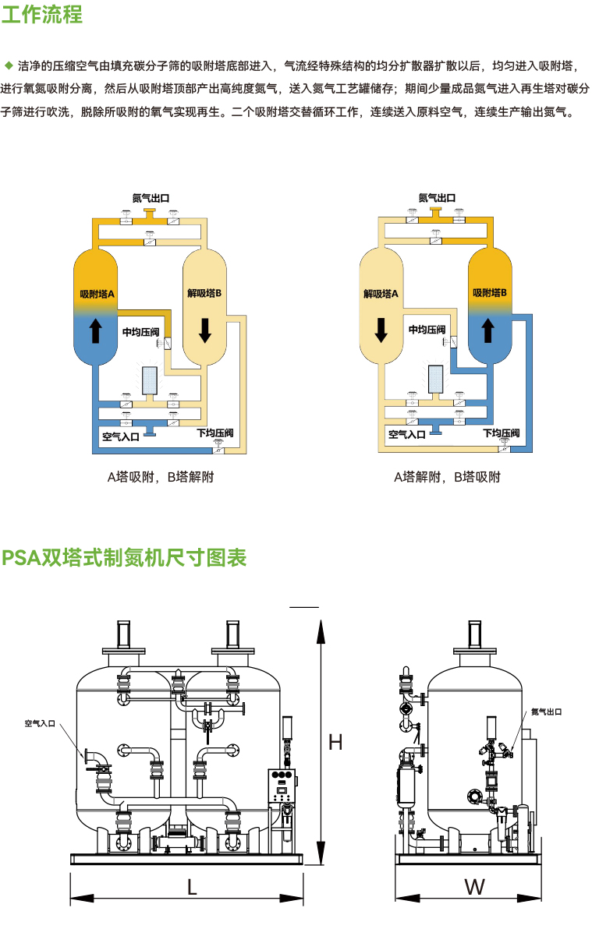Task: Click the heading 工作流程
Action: tap(42, 15)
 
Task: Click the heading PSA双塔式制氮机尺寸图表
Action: tap(124, 558)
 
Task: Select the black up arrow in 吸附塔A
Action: tap(96, 330)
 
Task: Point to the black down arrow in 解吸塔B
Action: tap(205, 330)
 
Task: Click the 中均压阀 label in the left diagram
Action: tap(140, 331)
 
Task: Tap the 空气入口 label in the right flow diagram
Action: tap(406, 434)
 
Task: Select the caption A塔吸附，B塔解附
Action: tap(161, 477)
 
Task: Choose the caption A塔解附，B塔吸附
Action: tap(447, 477)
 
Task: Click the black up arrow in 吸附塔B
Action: tap(488, 330)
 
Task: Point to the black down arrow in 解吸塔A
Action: tap(381, 330)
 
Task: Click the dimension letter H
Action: tap(335, 742)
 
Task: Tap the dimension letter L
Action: tap(192, 886)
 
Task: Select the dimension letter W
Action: tap(474, 886)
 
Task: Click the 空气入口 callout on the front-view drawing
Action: tap(40, 723)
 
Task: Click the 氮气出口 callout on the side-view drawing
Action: tap(546, 712)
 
